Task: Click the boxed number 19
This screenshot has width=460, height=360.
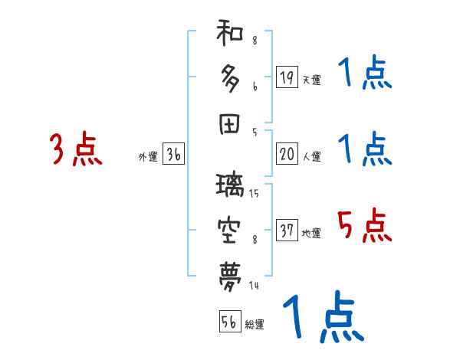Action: (x=287, y=77)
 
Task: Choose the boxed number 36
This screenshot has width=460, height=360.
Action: (x=174, y=155)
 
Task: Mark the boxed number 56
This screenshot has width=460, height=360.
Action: (x=229, y=322)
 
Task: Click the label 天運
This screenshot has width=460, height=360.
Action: (x=311, y=80)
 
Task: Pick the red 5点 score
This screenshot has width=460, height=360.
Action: (x=364, y=226)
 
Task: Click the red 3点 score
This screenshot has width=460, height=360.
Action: (x=75, y=149)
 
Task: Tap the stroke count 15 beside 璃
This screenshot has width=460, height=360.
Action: (x=254, y=194)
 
